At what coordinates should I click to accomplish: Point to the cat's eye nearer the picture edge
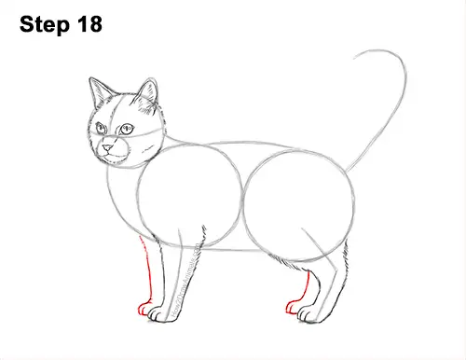click(102, 128)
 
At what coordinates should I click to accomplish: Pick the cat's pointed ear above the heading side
click(96, 92)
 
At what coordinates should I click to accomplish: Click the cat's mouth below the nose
click(112, 154)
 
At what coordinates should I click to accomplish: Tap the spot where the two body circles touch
click(247, 201)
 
